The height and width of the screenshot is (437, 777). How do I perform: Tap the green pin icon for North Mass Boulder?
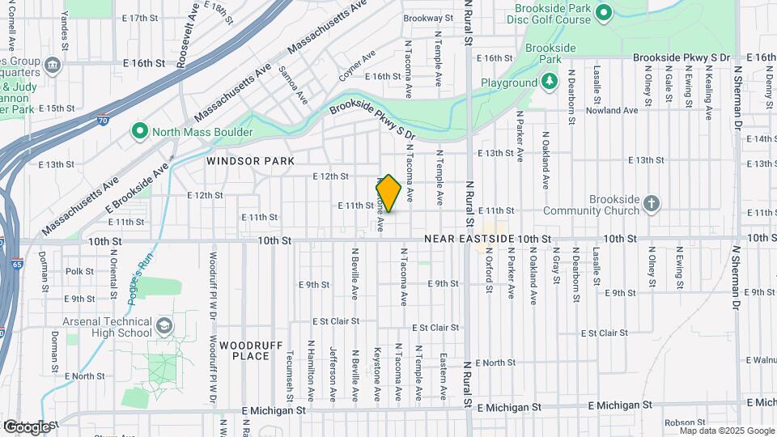[139, 131]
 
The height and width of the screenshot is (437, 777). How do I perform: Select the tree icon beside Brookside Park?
[550, 82]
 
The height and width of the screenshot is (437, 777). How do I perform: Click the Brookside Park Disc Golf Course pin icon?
[602, 11]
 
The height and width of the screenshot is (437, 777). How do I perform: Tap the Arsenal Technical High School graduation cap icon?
[164, 325]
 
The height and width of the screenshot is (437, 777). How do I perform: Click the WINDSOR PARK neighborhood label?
[250, 161]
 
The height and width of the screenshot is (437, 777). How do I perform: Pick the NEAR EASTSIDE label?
[469, 240]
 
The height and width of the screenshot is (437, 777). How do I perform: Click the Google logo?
[26, 426]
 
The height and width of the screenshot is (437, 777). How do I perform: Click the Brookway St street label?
[426, 18]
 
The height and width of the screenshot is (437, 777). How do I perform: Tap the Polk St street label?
[80, 271]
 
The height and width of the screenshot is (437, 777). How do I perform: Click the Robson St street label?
[684, 422]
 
